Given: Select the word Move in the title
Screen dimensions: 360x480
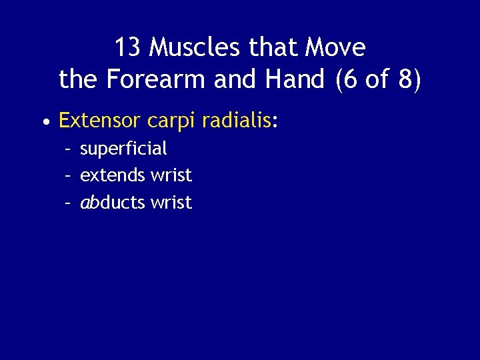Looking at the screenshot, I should [x=335, y=48].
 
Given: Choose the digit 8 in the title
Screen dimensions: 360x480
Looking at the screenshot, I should [x=408, y=80].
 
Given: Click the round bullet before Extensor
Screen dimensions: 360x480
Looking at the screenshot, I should [x=45, y=122].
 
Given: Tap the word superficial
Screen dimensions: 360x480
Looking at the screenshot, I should [x=123, y=148].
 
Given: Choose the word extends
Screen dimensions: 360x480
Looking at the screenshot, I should [x=113, y=175].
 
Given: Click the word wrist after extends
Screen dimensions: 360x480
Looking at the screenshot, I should [x=171, y=175].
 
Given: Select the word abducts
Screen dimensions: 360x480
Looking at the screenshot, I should [x=113, y=202].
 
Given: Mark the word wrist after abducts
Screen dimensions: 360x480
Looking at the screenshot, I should [x=171, y=202].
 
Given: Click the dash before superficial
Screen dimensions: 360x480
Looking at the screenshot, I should [x=68, y=149].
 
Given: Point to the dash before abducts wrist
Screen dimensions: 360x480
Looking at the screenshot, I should [x=68, y=203].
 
